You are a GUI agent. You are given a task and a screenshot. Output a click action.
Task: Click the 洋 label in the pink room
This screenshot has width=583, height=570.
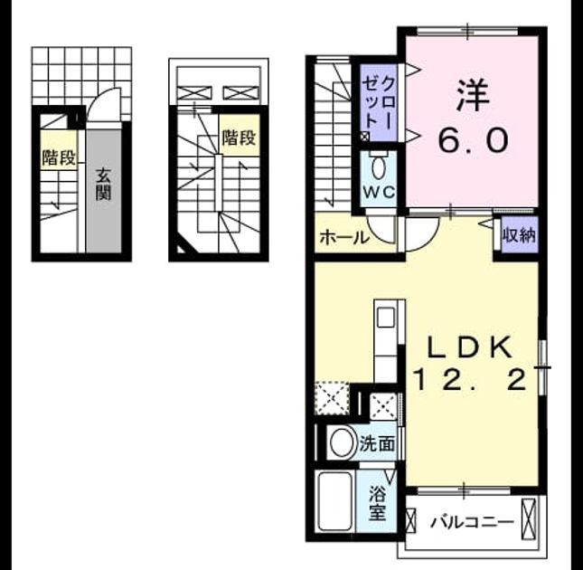click(473, 95)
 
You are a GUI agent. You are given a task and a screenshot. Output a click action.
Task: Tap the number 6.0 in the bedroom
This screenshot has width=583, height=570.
click(473, 139)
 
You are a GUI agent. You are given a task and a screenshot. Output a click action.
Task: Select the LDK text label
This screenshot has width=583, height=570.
click(470, 347)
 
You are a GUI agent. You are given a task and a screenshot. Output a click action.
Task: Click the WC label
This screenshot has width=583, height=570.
click(379, 193)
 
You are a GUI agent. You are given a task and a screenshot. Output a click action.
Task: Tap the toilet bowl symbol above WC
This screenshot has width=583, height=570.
click(379, 169)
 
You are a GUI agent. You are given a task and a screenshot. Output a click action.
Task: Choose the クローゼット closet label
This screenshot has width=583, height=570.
click(378, 105)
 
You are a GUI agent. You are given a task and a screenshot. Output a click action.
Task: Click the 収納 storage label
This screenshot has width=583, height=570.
click(520, 234)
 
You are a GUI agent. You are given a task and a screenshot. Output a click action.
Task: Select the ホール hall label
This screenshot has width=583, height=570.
click(344, 237)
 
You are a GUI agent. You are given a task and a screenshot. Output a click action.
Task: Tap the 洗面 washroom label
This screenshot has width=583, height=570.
click(377, 443)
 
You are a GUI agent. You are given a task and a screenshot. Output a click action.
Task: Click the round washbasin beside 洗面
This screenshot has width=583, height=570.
click(342, 442)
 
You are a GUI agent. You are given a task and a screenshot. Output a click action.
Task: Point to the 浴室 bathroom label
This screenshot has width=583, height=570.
click(377, 504)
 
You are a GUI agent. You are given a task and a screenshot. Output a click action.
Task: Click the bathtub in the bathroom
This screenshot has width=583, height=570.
click(335, 501)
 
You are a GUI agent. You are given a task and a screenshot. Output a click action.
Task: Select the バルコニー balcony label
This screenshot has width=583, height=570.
click(472, 522)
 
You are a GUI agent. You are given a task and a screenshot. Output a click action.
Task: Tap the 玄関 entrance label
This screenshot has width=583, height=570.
click(104, 185)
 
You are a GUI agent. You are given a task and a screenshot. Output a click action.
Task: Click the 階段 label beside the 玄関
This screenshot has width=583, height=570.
click(59, 157)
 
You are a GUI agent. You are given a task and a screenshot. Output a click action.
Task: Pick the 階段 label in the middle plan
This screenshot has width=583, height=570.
click(239, 138)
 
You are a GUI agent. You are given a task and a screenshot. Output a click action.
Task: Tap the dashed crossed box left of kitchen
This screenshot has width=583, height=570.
click(332, 398)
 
